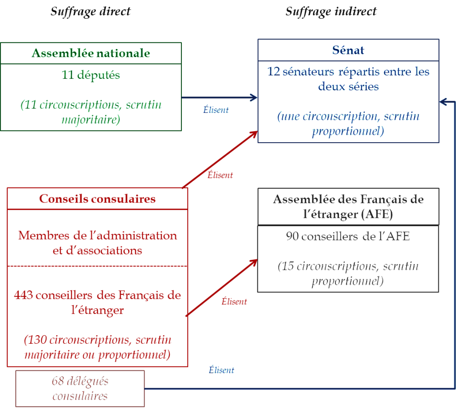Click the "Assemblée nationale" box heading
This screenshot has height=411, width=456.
pyautogui.click(x=91, y=53)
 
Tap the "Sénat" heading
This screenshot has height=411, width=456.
pyautogui.click(x=348, y=50)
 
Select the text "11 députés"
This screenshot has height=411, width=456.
pyautogui.click(x=91, y=75)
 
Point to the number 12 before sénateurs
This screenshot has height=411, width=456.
pyautogui.click(x=274, y=73)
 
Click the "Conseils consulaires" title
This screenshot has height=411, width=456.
pyautogui.click(x=97, y=199)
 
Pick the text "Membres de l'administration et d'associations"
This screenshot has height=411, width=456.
pyautogui.click(x=97, y=242)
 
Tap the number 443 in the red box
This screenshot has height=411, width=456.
pyautogui.click(x=24, y=295)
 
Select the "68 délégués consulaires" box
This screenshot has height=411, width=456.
pyautogui.click(x=80, y=388)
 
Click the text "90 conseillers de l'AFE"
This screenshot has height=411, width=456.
pyautogui.click(x=348, y=236)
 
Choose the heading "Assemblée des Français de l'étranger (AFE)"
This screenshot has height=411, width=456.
pyautogui.click(x=348, y=206)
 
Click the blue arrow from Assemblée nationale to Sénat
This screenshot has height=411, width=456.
pyautogui.click(x=218, y=98)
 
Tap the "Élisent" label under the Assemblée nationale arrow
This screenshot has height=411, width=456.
pyautogui.click(x=216, y=110)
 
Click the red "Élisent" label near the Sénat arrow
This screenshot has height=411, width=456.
pyautogui.click(x=220, y=175)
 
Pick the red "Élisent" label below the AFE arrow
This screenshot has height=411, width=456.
pyautogui.click(x=234, y=302)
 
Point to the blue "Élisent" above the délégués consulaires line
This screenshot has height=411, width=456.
pyautogui.click(x=221, y=370)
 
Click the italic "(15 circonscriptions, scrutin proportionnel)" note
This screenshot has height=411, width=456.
pyautogui.click(x=348, y=274)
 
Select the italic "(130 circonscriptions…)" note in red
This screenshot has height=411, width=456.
pyautogui.click(x=97, y=347)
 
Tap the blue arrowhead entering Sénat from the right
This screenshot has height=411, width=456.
pyautogui.click(x=443, y=102)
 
